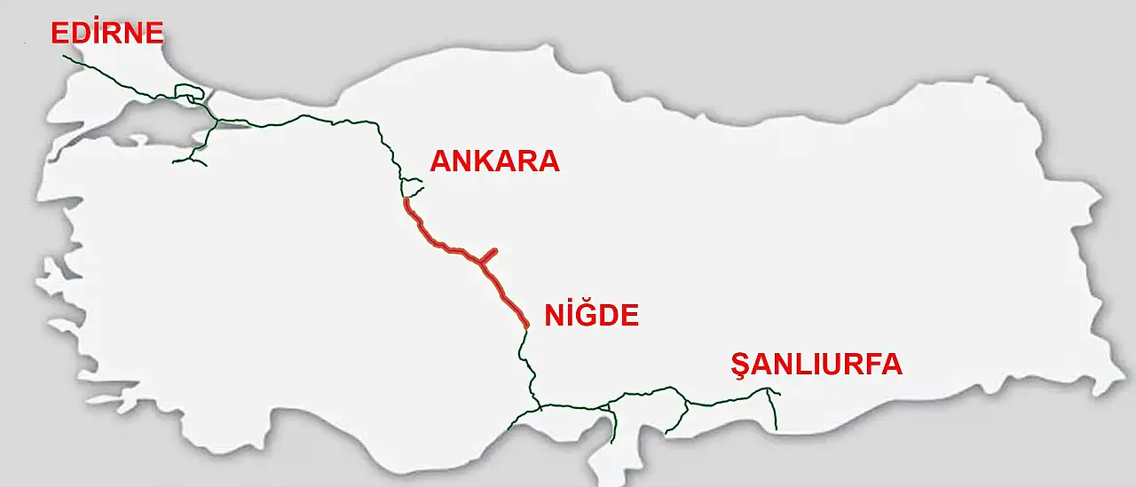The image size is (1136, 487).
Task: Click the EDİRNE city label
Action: (x=107, y=34)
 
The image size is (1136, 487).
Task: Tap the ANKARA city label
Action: (x=494, y=161)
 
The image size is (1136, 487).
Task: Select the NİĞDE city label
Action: (x=591, y=315)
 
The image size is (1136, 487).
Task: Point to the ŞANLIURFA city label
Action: (x=816, y=365)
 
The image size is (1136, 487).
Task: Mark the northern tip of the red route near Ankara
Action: (x=406, y=200)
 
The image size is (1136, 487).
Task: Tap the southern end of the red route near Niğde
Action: (x=526, y=326)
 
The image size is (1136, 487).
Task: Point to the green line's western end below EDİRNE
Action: (x=65, y=56)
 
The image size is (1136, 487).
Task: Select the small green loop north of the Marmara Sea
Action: (x=189, y=91)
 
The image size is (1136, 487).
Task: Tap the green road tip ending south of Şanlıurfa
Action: (x=776, y=429)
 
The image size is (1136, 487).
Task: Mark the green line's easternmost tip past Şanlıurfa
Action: (x=780, y=393)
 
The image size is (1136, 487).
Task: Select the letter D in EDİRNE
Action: (x=79, y=34)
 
